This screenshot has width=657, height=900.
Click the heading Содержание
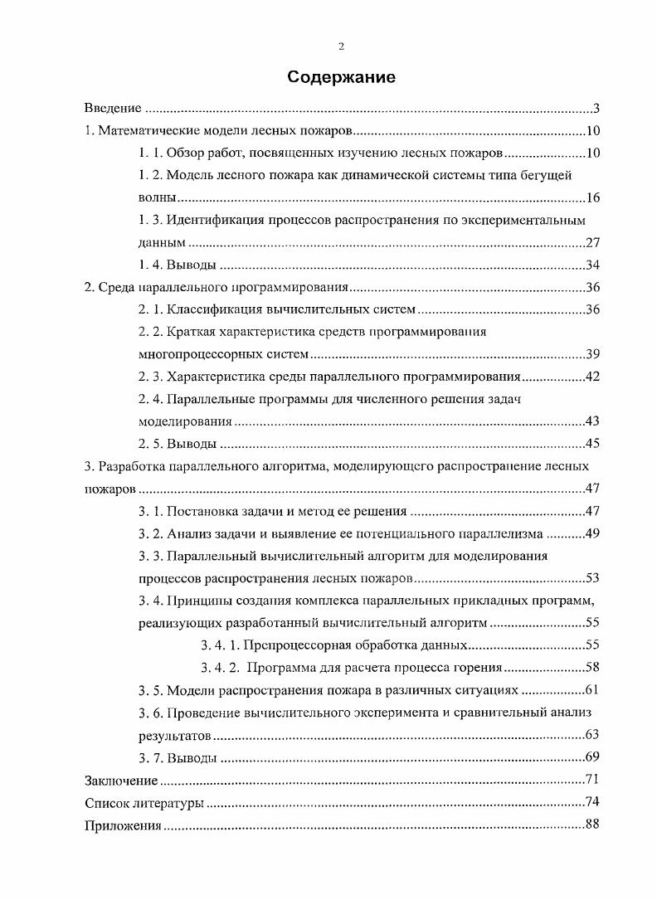pos(341,78)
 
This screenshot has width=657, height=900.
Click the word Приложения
pos(123,825)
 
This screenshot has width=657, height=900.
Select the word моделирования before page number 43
pos(184,421)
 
